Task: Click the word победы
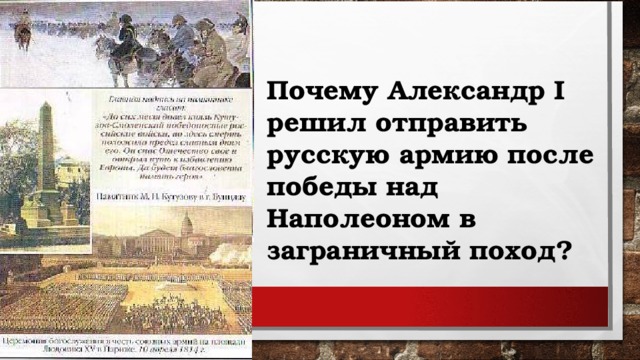tap(313, 187)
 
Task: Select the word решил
tap(308, 126)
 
